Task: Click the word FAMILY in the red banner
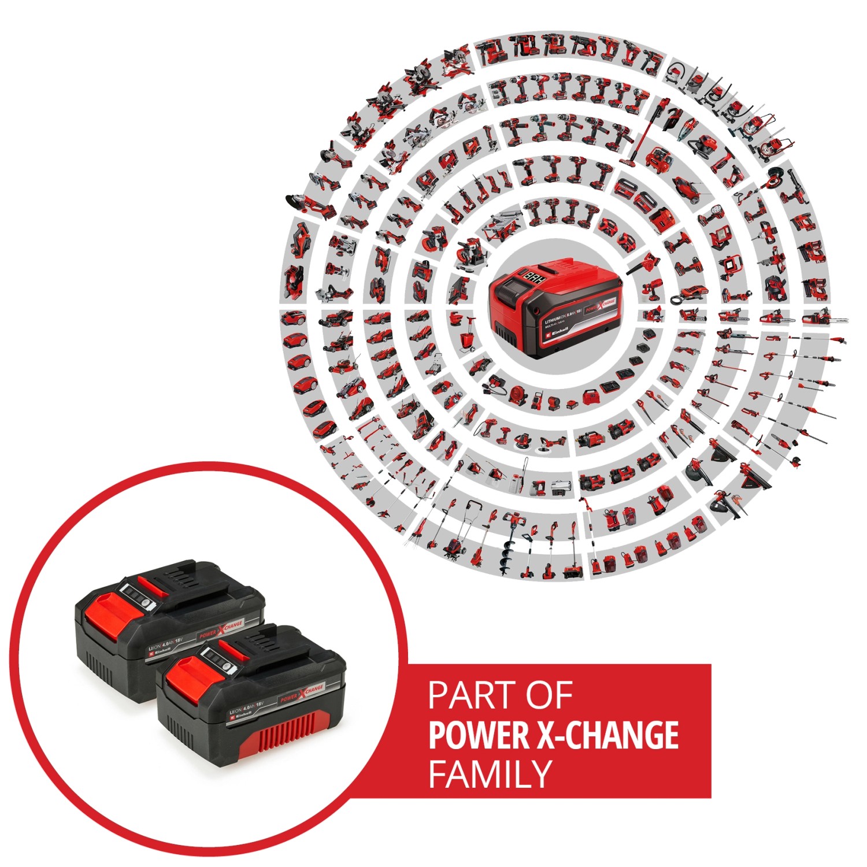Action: [490, 774]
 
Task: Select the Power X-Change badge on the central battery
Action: [601, 305]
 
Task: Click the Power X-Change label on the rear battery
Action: [221, 629]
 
